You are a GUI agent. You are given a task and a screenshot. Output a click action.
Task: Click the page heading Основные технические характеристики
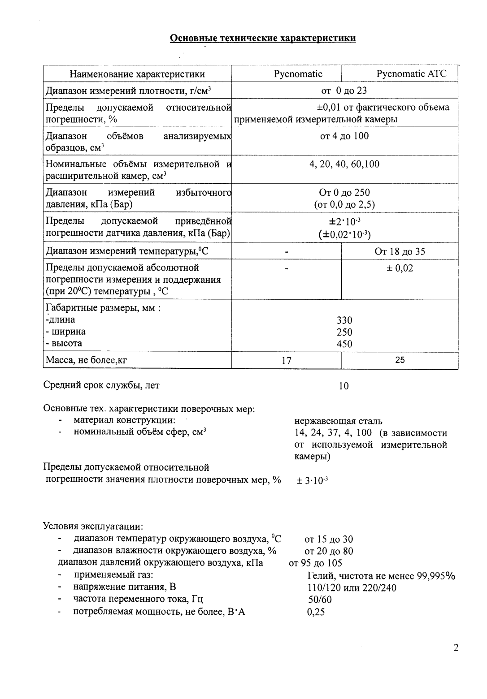pyautogui.click(x=263, y=38)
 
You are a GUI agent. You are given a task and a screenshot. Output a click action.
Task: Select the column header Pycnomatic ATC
pyautogui.click(x=411, y=74)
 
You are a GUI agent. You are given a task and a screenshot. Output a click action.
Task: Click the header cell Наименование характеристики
pyautogui.click(x=137, y=74)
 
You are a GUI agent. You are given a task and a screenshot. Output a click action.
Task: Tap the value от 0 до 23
pyautogui.click(x=344, y=91)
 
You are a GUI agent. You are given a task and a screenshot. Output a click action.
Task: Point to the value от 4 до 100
pyautogui.click(x=344, y=136)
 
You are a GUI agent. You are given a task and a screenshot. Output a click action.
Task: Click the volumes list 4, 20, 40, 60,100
pyautogui.click(x=344, y=164)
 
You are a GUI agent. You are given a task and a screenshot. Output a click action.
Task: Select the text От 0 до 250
pyautogui.click(x=344, y=193)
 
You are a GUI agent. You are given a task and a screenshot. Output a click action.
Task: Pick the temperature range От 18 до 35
pyautogui.click(x=400, y=251)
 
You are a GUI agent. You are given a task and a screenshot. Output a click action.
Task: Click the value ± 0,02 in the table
pyautogui.click(x=400, y=268)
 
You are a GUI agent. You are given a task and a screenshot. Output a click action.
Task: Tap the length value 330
pyautogui.click(x=344, y=320)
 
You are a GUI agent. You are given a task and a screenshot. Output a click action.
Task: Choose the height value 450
pyautogui.click(x=344, y=344)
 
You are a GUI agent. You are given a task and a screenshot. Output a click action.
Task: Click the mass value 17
pyautogui.click(x=286, y=360)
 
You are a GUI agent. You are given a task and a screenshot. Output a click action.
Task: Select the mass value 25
pyautogui.click(x=400, y=360)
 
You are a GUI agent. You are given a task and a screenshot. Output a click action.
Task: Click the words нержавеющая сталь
pyautogui.click(x=338, y=421)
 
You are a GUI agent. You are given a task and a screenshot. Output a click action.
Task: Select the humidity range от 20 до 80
pyautogui.click(x=328, y=551)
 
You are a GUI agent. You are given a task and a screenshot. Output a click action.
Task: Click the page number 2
pyautogui.click(x=456, y=647)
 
